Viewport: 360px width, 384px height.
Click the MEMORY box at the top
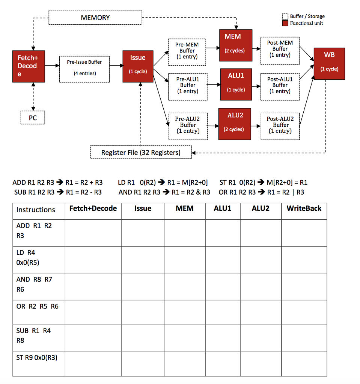[x=95, y=18]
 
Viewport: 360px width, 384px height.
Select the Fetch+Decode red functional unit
[x=29, y=66]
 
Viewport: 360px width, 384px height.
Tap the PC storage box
[x=33, y=118]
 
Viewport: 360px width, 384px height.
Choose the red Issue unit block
[x=138, y=66]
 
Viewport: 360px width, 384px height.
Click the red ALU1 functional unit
[x=236, y=84]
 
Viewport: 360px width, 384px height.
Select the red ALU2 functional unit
[x=235, y=124]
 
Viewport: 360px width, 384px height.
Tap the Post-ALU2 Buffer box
[x=280, y=125]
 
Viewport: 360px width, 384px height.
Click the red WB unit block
[x=329, y=63]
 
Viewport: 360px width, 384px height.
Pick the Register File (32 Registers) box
[x=141, y=153]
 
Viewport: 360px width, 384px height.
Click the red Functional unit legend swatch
[x=285, y=23]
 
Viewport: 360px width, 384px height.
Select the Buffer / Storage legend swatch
[x=285, y=16]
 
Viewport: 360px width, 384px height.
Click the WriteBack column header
[x=304, y=208]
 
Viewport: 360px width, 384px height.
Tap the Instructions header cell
[x=36, y=210]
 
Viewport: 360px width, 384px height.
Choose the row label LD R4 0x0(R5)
[x=28, y=258]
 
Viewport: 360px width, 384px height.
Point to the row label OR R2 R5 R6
[x=38, y=306]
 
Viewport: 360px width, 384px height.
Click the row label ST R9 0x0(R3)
[x=37, y=357]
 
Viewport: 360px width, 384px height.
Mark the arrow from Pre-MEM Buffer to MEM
[x=214, y=48]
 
